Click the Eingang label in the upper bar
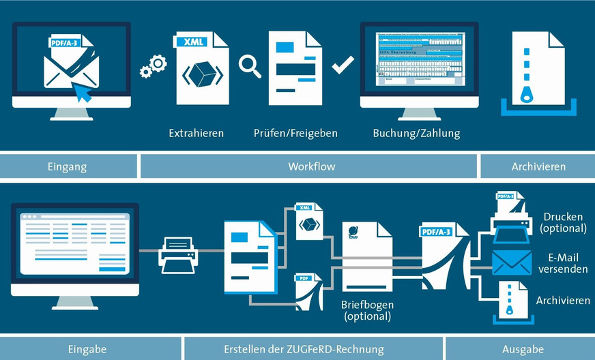click(x=68, y=166)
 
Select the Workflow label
click(x=311, y=166)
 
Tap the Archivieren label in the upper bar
click(x=538, y=166)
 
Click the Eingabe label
click(x=87, y=349)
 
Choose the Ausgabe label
click(x=523, y=349)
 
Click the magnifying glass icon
click(x=250, y=67)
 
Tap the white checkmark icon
click(x=342, y=66)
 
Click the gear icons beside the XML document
click(x=153, y=66)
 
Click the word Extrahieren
click(x=197, y=133)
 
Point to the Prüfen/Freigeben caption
click(x=295, y=133)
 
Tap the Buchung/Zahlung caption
click(x=416, y=133)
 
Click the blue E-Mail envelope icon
click(x=511, y=262)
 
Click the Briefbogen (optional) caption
click(x=368, y=311)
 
